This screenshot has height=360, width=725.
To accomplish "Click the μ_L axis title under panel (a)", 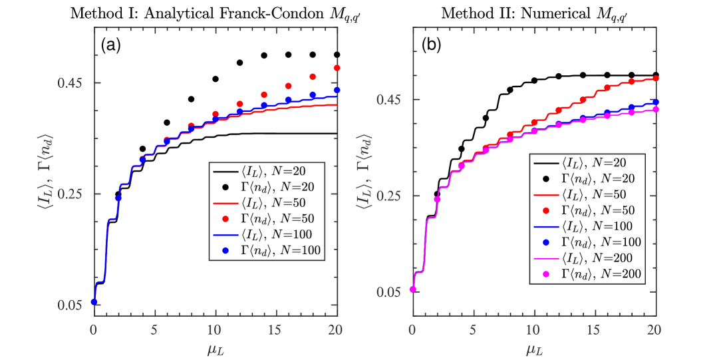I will pyautogui.click(x=215, y=347).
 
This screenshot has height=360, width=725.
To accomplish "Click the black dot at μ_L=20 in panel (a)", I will pyautogui.click(x=337, y=55).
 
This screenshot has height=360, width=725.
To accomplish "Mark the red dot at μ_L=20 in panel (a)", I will pyautogui.click(x=337, y=68).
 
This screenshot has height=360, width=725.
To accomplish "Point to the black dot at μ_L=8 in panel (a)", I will pyautogui.click(x=191, y=99).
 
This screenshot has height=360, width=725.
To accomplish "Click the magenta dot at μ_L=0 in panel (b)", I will pyautogui.click(x=412, y=289).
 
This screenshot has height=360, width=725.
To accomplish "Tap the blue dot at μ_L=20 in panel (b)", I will pyautogui.click(x=655, y=102).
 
